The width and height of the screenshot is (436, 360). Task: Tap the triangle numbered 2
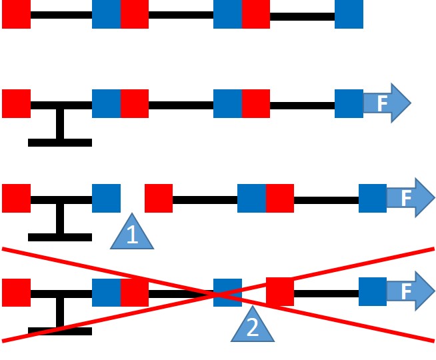[253, 327]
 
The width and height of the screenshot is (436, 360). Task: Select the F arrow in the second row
[385, 103]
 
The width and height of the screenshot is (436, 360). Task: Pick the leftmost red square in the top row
[16, 15]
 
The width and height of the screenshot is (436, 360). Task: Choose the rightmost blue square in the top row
[349, 15]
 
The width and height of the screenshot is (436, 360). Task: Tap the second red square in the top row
[134, 15]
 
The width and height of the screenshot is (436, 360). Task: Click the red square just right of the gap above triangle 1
[159, 198]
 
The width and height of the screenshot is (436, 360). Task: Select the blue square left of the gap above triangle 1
[106, 198]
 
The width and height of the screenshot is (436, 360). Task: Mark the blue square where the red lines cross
[227, 292]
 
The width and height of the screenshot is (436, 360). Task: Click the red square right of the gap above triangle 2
[280, 292]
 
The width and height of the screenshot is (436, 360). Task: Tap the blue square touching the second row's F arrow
[349, 103]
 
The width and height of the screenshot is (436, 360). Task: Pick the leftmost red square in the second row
[16, 103]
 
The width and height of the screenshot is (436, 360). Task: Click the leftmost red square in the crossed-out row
[16, 292]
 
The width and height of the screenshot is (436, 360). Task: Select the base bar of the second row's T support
[60, 142]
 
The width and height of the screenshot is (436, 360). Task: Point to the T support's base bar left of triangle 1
[60, 237]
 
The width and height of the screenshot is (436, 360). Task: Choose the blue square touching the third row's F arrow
[372, 198]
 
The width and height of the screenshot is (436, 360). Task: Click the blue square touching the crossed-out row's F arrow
[372, 292]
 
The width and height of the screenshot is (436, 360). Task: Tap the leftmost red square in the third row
[16, 198]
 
